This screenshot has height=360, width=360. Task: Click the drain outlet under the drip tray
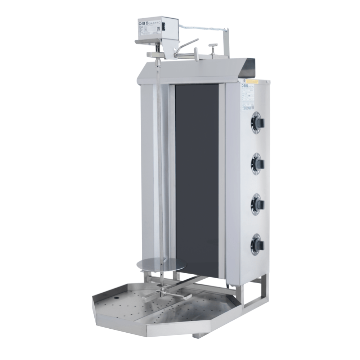tap(196, 335)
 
